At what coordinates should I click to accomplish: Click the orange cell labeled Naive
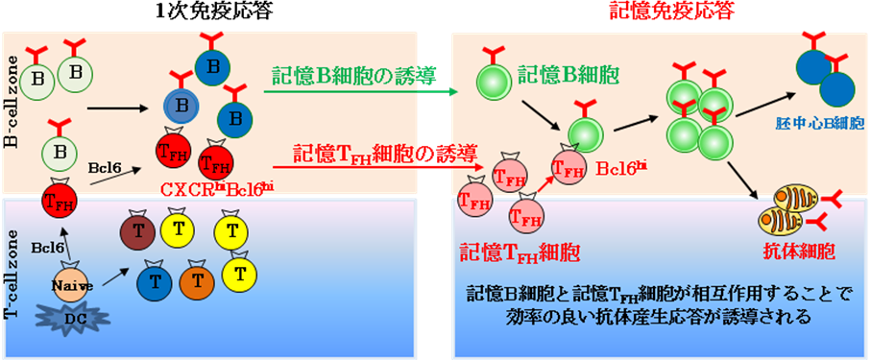coord(72,284)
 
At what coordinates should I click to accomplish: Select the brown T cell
coord(137,230)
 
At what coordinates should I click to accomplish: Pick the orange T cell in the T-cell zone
coord(197,280)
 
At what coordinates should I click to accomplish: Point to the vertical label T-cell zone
coord(12,278)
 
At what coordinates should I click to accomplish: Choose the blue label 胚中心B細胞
coord(819,125)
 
